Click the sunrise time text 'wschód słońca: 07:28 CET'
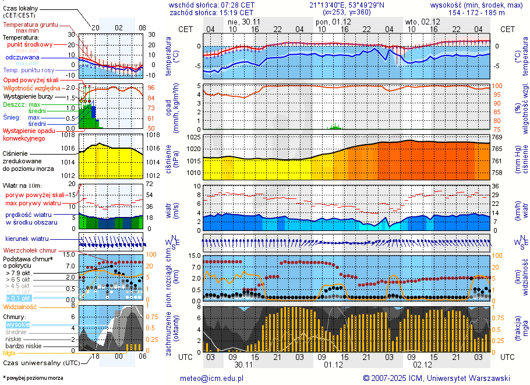tap(211, 4)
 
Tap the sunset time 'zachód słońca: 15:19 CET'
tap(211, 12)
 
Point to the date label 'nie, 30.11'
tap(244, 22)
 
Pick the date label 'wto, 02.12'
tap(422, 22)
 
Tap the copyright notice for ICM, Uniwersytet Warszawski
tap(436, 378)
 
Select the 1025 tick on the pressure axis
tap(195, 137)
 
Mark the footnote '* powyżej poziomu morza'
tap(33, 378)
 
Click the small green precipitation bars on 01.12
tap(335, 127)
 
